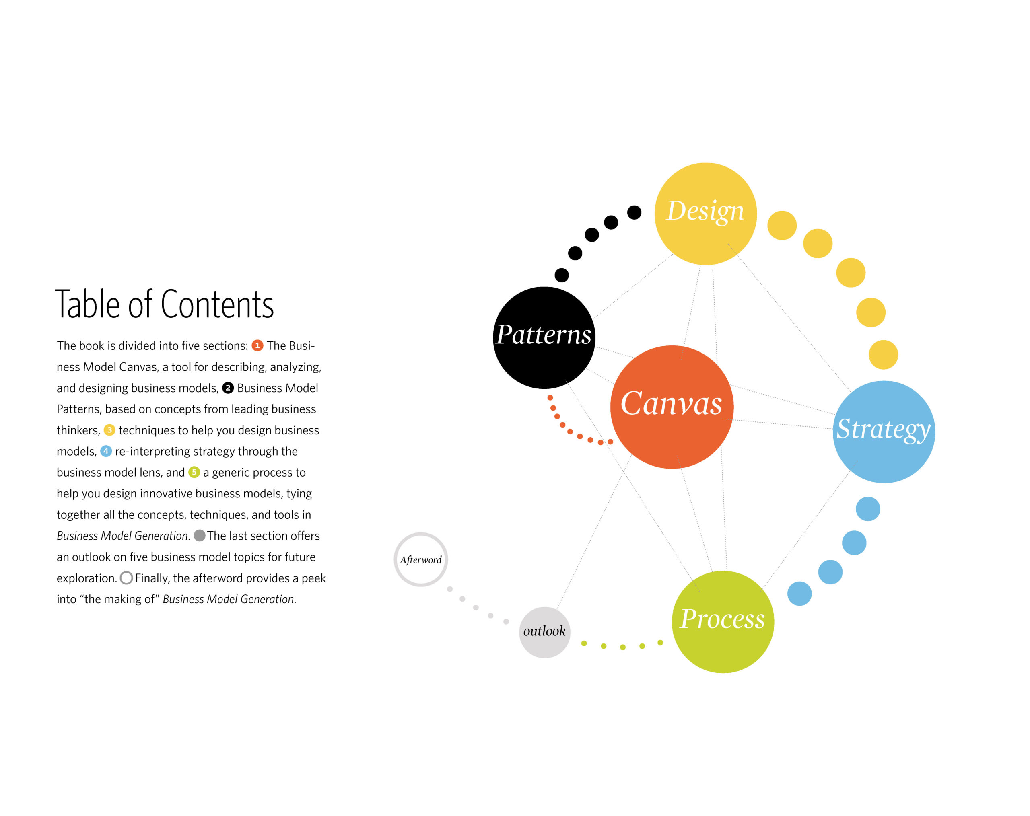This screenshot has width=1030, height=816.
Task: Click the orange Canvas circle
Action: (672, 407)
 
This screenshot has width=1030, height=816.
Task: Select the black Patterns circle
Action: (544, 337)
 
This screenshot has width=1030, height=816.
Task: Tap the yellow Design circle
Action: (706, 214)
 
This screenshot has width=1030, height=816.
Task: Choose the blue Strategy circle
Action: (884, 432)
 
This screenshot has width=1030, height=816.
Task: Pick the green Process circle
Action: (723, 622)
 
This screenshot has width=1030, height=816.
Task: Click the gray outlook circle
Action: (545, 632)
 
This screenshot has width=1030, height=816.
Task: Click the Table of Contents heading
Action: (164, 304)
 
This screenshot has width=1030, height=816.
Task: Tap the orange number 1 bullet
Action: (257, 345)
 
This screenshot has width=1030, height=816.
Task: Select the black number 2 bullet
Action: (228, 388)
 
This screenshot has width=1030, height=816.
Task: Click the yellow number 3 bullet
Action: (109, 430)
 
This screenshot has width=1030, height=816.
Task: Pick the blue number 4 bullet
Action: (106, 451)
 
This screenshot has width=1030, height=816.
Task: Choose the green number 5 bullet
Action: (194, 472)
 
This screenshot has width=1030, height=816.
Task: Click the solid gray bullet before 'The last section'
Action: (200, 535)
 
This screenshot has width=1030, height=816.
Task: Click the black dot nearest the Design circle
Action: (634, 212)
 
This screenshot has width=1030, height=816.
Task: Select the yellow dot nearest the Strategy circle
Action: (883, 354)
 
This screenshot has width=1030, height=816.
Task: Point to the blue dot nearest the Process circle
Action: (799, 594)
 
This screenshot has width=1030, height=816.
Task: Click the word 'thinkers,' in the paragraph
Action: (78, 430)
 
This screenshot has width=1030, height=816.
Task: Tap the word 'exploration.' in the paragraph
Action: (87, 578)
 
